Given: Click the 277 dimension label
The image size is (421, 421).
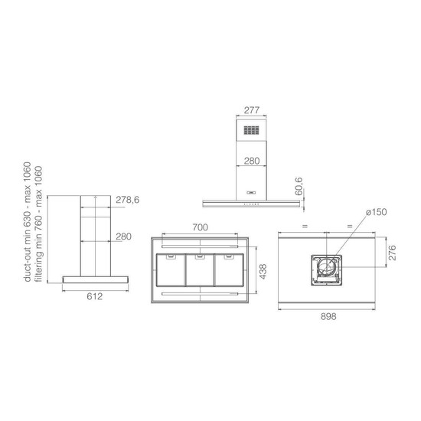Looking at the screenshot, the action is click(x=252, y=110).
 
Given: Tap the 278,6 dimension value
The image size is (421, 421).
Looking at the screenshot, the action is click(x=128, y=200).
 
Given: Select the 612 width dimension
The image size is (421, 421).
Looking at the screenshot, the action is click(x=95, y=296).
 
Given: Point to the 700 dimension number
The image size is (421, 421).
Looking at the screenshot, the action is click(x=200, y=227).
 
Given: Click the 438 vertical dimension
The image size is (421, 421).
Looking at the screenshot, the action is click(x=263, y=272).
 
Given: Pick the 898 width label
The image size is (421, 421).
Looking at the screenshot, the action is click(x=328, y=317).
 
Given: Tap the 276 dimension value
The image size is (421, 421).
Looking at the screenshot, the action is click(x=392, y=253).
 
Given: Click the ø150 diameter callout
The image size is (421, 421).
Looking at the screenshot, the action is click(x=377, y=212).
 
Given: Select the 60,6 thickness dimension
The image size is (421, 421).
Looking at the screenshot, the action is click(x=299, y=186).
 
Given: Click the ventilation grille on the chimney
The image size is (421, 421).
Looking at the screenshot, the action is click(x=252, y=130).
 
